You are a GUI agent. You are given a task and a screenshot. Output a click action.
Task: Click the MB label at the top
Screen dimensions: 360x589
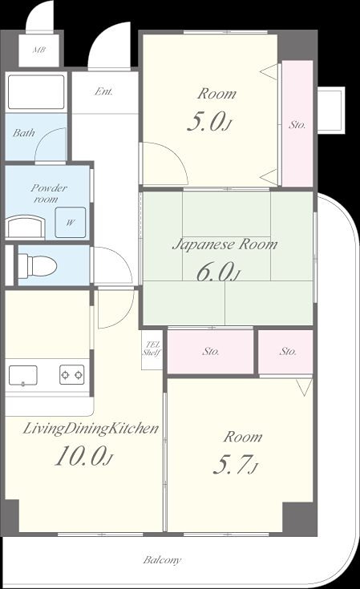(x=39, y=49)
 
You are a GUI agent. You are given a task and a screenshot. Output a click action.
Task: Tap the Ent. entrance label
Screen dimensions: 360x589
(x=103, y=91)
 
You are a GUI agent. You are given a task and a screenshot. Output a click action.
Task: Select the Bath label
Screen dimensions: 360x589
(x=24, y=132)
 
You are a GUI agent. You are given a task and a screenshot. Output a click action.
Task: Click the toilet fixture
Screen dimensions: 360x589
(x=37, y=265)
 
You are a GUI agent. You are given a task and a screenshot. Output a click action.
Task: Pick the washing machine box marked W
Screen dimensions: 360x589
(x=71, y=222)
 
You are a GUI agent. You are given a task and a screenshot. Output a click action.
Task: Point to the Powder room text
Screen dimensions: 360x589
(x=49, y=193)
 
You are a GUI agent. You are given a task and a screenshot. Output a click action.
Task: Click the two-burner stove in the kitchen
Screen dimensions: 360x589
(x=72, y=374)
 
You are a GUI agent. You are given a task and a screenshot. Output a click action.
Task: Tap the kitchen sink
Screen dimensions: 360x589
(x=23, y=376)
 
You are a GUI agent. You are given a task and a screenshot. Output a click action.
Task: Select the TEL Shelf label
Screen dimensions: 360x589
(x=152, y=349)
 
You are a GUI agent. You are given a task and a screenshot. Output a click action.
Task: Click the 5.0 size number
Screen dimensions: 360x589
(x=208, y=121)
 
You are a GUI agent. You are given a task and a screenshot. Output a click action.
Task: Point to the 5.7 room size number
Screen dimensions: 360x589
(x=235, y=465)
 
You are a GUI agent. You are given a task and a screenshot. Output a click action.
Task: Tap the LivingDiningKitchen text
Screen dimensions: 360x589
(x=91, y=429)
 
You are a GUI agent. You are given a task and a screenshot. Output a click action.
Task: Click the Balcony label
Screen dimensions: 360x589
(x=162, y=560)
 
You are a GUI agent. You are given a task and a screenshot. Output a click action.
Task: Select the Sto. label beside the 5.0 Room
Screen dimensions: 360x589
(x=297, y=125)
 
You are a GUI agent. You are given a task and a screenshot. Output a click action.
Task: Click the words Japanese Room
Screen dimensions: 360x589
(x=224, y=244)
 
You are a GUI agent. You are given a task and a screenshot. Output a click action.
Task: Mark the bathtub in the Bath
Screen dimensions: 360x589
(x=36, y=92)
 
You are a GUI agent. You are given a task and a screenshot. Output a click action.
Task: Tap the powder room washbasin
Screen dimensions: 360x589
(x=26, y=226)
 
